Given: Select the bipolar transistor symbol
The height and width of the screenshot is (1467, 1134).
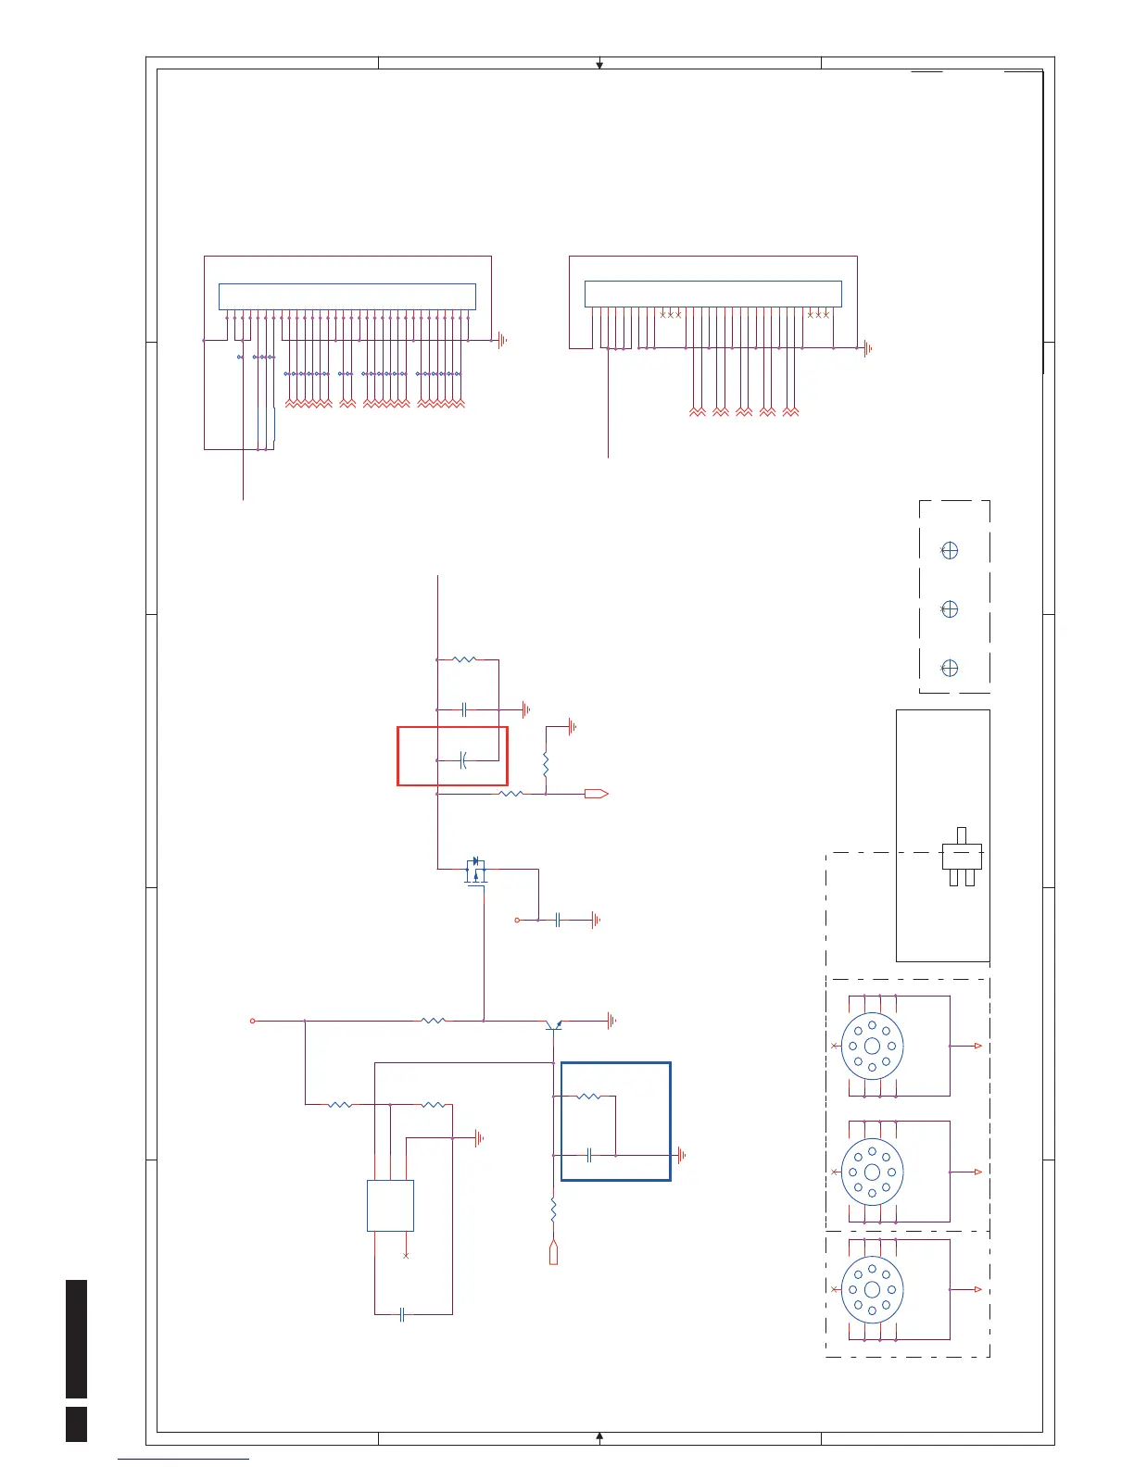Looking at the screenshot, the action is (553, 1024).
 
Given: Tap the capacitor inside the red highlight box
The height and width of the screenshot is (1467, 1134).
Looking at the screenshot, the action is (462, 760).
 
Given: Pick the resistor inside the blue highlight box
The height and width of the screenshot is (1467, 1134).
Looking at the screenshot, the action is (588, 1097).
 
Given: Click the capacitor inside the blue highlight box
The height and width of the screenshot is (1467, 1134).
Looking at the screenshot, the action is (590, 1155).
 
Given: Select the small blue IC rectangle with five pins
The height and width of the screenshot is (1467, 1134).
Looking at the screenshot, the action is (390, 1205).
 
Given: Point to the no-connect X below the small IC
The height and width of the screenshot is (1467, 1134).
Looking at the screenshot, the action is (406, 1256).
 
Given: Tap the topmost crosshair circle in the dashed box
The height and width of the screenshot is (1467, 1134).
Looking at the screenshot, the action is (949, 550).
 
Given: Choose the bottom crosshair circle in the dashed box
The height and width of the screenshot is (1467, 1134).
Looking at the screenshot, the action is (949, 668).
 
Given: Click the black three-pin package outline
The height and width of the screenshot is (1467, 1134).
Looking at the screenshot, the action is (962, 857).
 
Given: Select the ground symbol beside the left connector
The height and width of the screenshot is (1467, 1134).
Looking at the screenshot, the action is (503, 341).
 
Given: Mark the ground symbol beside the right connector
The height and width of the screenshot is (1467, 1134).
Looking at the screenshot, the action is (868, 348).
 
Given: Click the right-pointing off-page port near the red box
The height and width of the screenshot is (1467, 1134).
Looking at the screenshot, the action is (596, 794).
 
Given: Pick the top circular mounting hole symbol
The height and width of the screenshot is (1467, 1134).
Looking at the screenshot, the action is (872, 1046).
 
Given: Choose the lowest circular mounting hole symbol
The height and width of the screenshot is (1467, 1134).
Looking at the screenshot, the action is (872, 1290).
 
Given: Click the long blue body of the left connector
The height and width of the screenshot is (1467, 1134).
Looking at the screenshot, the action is (346, 296).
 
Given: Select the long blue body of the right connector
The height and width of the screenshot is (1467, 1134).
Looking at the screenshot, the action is (712, 294).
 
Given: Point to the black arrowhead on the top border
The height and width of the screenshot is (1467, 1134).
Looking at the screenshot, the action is (599, 65).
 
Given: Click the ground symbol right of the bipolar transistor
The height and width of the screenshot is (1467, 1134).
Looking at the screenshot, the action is (611, 1021).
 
